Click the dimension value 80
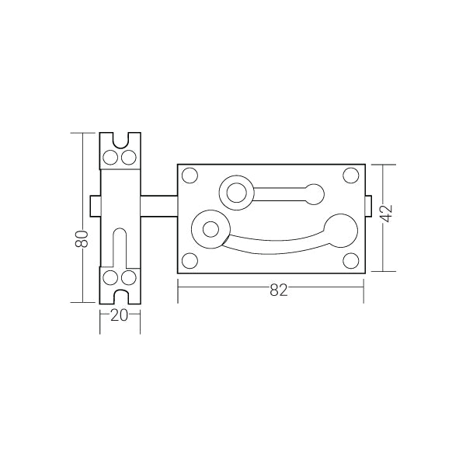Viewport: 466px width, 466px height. tap(82, 238)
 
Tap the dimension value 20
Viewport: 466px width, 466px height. tap(119, 315)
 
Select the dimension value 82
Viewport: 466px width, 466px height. tap(279, 290)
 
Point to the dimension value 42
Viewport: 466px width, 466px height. tap(387, 214)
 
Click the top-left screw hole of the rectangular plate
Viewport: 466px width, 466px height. tap(190, 176)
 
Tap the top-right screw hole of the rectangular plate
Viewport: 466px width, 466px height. tap(351, 176)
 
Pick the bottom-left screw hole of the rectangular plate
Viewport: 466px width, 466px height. tap(190, 261)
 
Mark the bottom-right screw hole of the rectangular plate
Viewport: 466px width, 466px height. tap(351, 261)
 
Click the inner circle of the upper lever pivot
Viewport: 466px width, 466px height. tap(237, 193)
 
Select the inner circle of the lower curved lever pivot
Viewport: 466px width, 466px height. tap(210, 229)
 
